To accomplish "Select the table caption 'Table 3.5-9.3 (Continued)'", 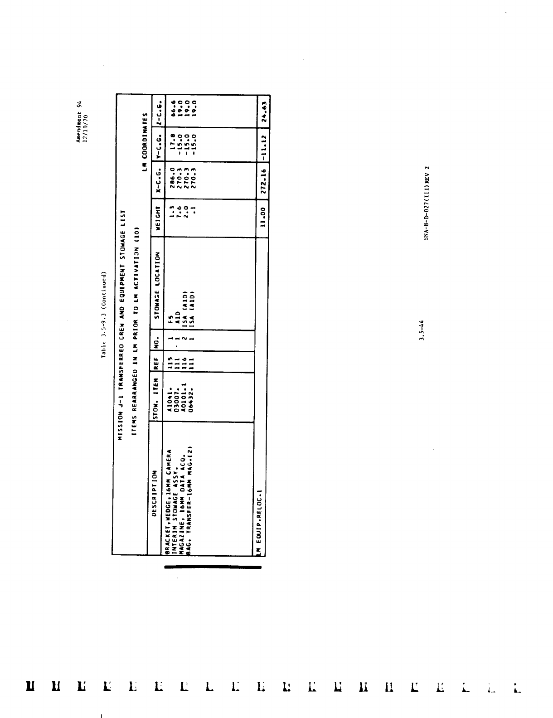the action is (104, 315).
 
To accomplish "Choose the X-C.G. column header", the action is (158, 179).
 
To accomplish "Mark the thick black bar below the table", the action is (213, 567).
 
